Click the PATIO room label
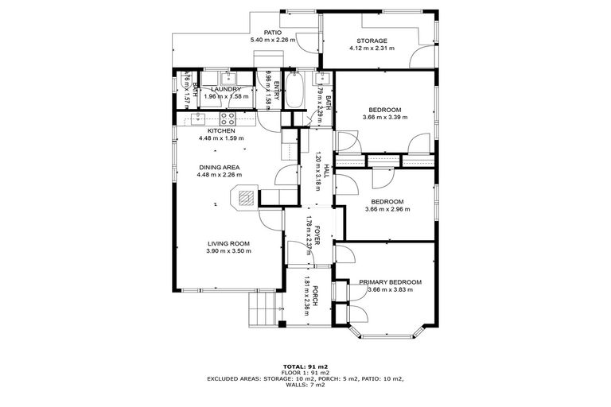[x=273, y=33]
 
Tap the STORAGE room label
[x=372, y=41]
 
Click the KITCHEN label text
[x=220, y=130]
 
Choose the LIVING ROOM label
[x=229, y=243]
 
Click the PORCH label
[x=315, y=294]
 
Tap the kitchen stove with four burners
[x=228, y=119]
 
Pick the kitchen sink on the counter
[x=197, y=120]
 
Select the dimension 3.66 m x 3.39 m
[x=384, y=117]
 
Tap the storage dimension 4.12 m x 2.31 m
[x=372, y=48]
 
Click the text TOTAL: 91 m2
[x=305, y=366]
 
